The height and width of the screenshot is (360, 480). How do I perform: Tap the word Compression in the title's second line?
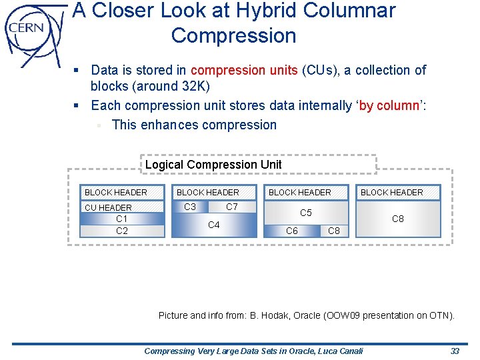[x=233, y=35]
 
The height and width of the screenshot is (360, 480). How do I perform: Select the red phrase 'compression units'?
[x=244, y=70]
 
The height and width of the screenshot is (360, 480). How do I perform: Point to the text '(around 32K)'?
[x=177, y=87]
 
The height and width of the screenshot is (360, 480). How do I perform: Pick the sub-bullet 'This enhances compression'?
[x=194, y=125]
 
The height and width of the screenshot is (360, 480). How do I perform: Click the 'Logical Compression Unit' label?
[x=213, y=165]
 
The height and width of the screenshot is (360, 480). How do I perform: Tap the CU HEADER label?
[x=108, y=207]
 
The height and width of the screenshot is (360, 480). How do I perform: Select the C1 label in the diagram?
[x=122, y=219]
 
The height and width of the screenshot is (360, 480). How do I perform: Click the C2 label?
[x=122, y=231]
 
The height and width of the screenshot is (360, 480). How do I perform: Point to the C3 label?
[x=190, y=207]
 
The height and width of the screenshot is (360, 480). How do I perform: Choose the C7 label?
[x=232, y=207]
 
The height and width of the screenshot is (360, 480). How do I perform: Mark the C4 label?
[x=214, y=225]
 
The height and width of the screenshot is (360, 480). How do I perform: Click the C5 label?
[x=306, y=213]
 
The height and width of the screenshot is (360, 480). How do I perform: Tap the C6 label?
[x=292, y=231]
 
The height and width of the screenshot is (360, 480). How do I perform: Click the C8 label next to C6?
[x=335, y=231]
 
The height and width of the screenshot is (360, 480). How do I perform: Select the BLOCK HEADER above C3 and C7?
[x=208, y=193]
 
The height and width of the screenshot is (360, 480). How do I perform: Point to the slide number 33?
[x=455, y=351]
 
